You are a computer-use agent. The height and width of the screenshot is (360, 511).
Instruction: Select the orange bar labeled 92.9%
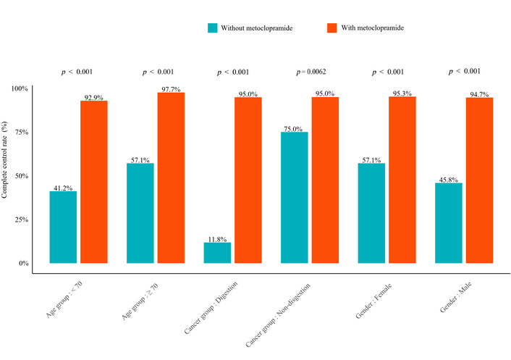[x=94, y=182]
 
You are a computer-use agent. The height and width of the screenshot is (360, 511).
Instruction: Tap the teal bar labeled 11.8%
[x=217, y=253]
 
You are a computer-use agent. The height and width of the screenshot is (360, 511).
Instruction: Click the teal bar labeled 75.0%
[x=294, y=197]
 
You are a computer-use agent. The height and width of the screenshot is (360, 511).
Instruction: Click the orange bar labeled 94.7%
[x=479, y=180]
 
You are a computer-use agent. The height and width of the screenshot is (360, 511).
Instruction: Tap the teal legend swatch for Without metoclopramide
[x=212, y=28]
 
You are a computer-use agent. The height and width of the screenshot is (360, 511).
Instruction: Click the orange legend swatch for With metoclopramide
[x=331, y=28]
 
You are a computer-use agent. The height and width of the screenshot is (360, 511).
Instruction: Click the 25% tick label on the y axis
[x=20, y=219]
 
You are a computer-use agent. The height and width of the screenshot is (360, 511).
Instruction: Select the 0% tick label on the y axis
[x=22, y=263]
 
